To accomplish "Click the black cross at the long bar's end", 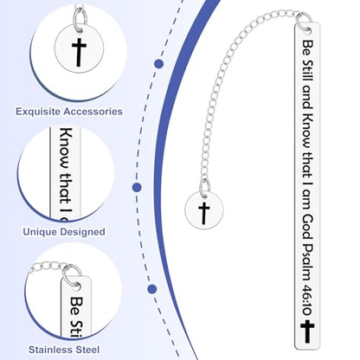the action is (307, 331).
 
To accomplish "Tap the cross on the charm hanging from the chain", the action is (204, 213).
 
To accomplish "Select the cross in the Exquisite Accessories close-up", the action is (79, 52).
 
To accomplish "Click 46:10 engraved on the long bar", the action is (306, 300).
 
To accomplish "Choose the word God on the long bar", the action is (307, 228).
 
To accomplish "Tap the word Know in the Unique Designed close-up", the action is (66, 148).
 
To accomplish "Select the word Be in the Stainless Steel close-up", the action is (77, 306).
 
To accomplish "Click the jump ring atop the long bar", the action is (304, 22).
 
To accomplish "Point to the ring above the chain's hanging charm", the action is (204, 188).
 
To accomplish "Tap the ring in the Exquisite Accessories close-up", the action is (80, 18).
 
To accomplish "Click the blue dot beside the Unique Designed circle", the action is (137, 188).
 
